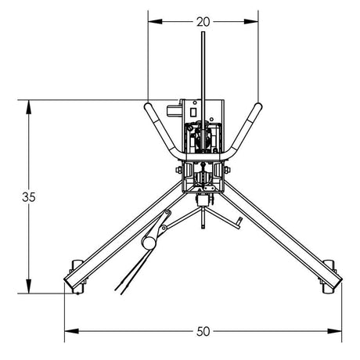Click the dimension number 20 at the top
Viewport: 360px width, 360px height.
(203, 22)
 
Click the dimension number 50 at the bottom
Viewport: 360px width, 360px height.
(203, 331)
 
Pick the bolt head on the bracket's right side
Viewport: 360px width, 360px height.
(228, 170)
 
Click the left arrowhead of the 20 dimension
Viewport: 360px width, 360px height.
(151, 22)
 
